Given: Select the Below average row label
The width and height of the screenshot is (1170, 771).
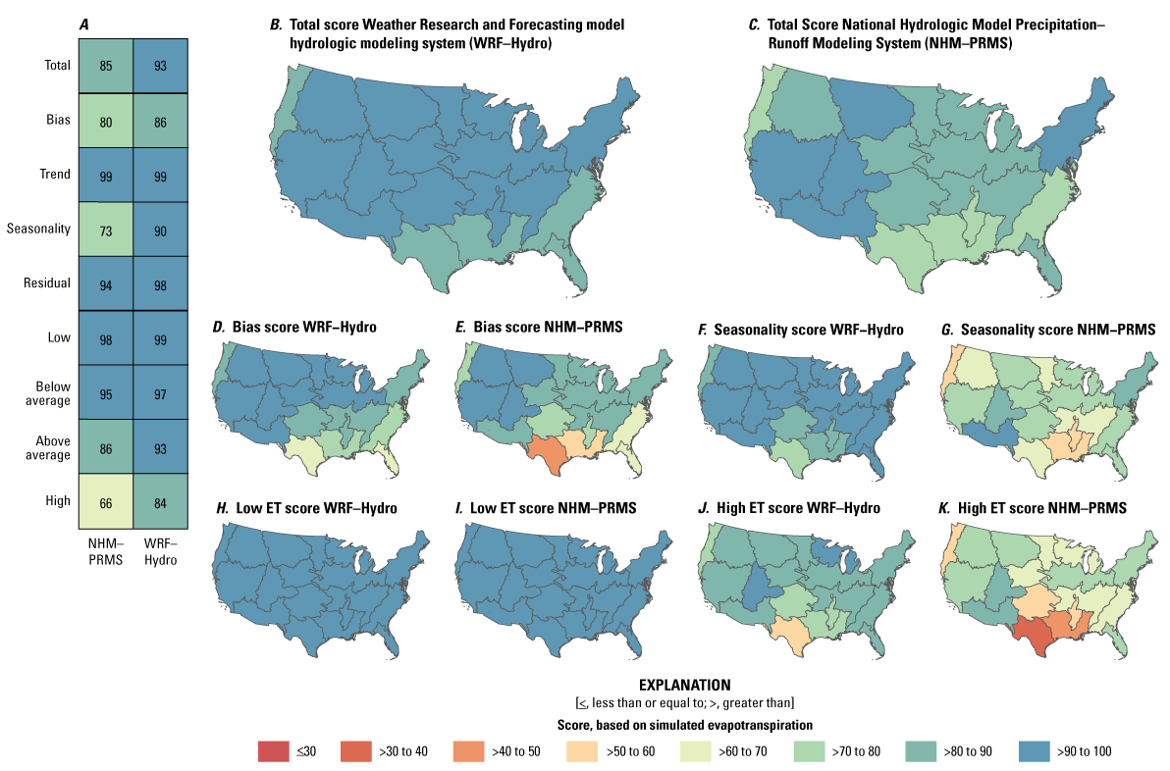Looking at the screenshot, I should point(49,393).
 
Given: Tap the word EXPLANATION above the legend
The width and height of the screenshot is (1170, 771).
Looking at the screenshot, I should point(684,684).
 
